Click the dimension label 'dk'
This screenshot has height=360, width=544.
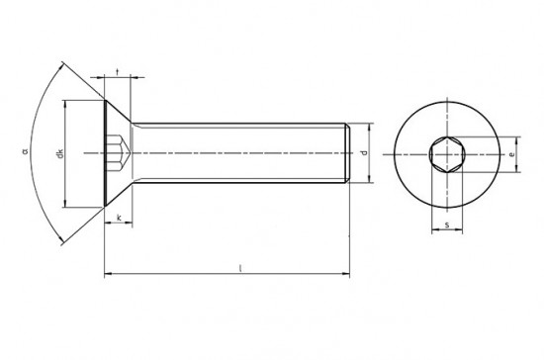[x=60, y=153]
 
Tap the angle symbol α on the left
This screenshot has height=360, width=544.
[x=25, y=151]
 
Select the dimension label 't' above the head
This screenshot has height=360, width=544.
[x=118, y=72]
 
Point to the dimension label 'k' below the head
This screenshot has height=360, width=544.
[x=119, y=218]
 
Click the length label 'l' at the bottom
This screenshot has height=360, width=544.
[x=240, y=268]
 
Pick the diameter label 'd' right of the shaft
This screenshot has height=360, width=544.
[x=364, y=152]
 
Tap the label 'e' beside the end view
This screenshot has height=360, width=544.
[x=512, y=154]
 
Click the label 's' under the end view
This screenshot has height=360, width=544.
[x=447, y=225]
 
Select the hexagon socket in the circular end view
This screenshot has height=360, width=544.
[x=447, y=154]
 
